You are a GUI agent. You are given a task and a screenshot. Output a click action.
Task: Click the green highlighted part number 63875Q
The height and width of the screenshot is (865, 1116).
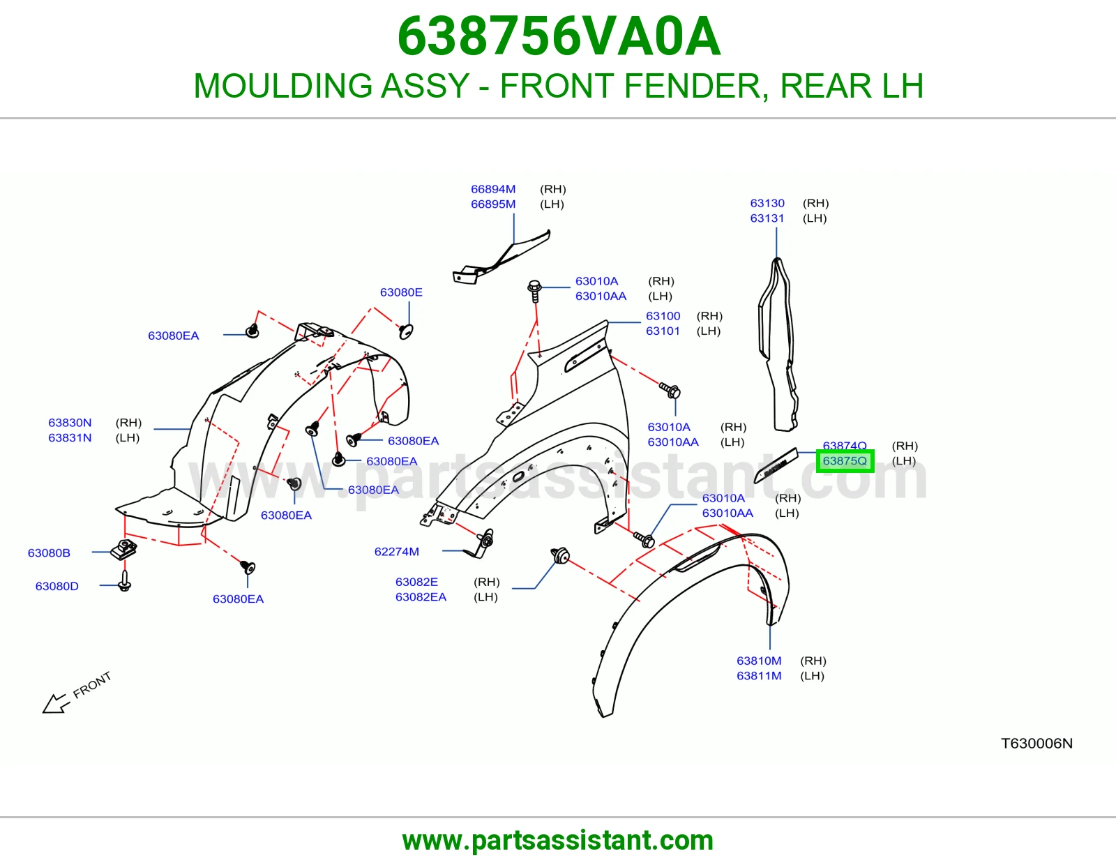844,460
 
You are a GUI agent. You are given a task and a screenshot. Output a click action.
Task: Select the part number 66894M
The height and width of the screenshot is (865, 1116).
493,189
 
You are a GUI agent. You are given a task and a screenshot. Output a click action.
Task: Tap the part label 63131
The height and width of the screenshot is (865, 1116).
767,218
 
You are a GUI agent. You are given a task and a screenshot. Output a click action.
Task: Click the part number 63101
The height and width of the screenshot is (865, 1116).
663,331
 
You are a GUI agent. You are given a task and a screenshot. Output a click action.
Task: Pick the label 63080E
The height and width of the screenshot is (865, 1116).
401,292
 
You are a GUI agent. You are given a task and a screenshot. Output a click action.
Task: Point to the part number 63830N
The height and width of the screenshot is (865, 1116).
70,423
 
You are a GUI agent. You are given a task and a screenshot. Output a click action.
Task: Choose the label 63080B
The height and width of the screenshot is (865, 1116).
49,552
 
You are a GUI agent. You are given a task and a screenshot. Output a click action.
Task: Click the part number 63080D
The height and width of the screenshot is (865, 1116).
57,586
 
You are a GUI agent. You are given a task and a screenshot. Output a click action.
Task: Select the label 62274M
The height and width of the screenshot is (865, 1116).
396,552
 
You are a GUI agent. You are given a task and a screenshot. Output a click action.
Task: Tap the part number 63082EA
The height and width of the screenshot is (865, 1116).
421,597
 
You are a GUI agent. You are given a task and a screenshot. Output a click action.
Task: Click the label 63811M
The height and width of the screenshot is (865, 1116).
759,675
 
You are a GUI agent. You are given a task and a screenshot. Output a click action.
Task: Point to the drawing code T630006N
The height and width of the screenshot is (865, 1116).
1036,743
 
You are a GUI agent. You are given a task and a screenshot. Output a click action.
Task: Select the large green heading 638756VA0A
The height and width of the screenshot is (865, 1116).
559,36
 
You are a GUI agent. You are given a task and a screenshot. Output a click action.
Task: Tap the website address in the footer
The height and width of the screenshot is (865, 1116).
558,841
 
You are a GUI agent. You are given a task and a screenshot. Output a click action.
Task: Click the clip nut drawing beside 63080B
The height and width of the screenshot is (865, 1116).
123,550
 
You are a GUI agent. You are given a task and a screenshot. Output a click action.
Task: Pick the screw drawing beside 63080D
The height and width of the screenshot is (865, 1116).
124,581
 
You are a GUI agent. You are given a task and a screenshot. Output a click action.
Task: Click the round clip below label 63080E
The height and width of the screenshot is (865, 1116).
406,331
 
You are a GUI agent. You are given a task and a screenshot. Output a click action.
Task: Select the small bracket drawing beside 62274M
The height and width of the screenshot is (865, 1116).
480,544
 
